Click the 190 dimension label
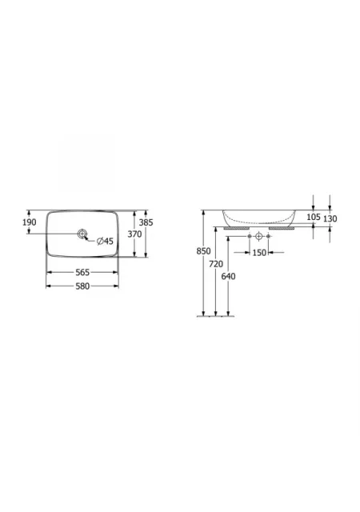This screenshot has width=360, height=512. (30, 222)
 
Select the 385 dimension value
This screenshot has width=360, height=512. (146, 222)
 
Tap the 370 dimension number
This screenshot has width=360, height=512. (134, 234)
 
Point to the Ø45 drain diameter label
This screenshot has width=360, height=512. (105, 242)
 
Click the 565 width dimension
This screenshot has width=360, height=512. (82, 272)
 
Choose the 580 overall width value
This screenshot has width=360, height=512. (82, 286)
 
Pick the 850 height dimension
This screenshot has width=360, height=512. (203, 251)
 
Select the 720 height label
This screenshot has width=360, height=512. (216, 264)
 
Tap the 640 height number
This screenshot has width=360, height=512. (228, 276)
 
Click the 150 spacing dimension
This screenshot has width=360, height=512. (259, 253)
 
